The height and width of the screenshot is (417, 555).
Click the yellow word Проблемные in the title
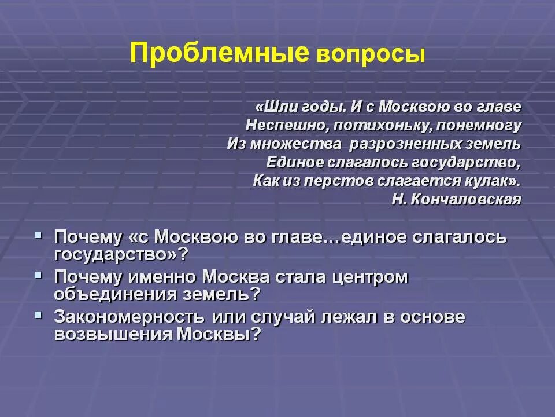219,53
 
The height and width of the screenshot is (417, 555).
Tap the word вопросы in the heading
371,55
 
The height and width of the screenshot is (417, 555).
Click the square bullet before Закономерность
38,315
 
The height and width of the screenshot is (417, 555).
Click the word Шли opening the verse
272,107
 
